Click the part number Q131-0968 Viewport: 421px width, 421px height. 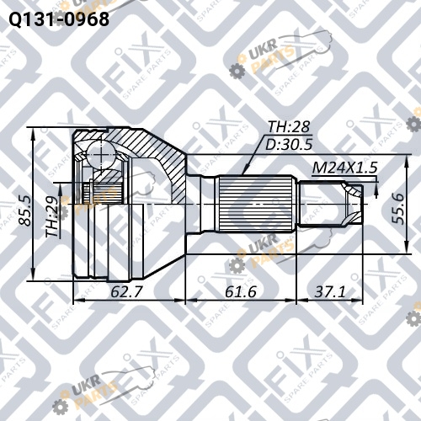pyautogui.click(x=59, y=19)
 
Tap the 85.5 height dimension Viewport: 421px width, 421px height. pyautogui.click(x=24, y=211)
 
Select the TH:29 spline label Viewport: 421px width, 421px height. pyautogui.click(x=52, y=216)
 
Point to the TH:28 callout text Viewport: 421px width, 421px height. pyautogui.click(x=289, y=127)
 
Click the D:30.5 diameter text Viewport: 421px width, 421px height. pyautogui.click(x=289, y=145)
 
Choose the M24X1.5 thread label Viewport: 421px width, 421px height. pyautogui.click(x=344, y=168)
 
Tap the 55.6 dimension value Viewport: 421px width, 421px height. pyautogui.click(x=398, y=208)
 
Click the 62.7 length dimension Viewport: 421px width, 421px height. pyautogui.click(x=127, y=291)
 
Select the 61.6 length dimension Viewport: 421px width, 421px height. pyautogui.click(x=241, y=291)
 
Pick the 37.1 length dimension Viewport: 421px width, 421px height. pyautogui.click(x=330, y=291)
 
